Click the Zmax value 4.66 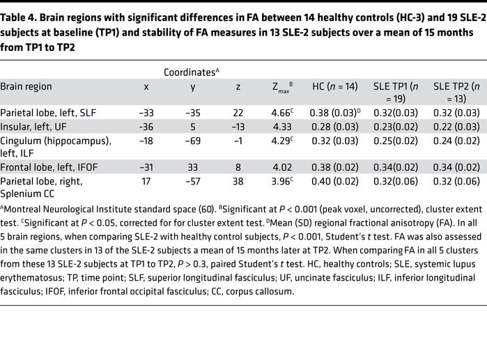coord(281,112)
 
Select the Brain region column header coord(26,87)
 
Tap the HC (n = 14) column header coord(334,87)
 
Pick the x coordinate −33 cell coord(146,112)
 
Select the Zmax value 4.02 coord(281,166)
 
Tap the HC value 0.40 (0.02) coord(334,181)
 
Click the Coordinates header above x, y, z coord(190,72)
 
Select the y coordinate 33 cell coord(193,166)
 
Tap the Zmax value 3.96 coord(281,181)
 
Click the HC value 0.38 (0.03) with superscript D coord(336,112)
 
